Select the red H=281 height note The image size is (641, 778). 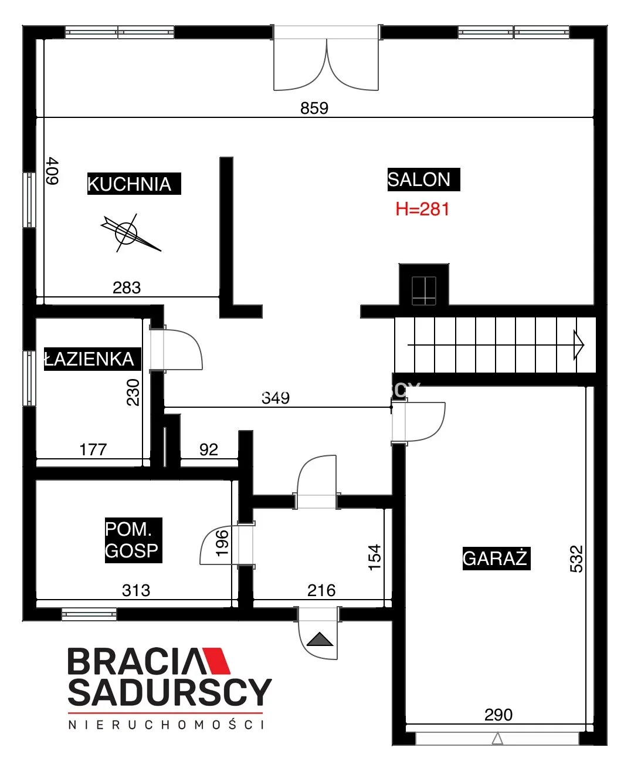[422, 209]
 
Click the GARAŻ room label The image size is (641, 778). [496, 558]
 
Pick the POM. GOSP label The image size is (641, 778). [133, 540]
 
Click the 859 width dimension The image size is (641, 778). [314, 109]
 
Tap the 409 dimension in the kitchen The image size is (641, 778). [53, 171]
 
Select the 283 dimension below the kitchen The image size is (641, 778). [127, 288]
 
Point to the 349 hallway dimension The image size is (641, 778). [276, 398]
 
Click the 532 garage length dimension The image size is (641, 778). [576, 559]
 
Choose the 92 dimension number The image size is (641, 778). [209, 450]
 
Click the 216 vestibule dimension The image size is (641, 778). [321, 591]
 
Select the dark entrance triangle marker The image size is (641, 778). [320, 640]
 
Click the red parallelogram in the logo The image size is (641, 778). [217, 661]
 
